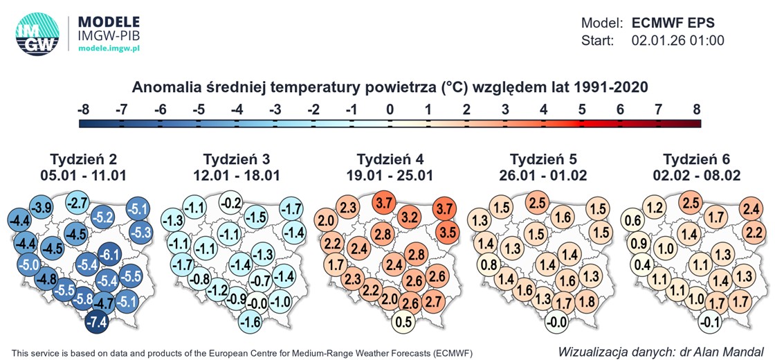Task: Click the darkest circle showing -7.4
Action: click(x=96, y=322)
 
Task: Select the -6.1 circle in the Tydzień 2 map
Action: click(x=109, y=255)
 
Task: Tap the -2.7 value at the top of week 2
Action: click(x=77, y=204)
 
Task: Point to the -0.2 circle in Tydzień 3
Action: click(x=230, y=204)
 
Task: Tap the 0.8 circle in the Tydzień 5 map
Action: click(x=489, y=264)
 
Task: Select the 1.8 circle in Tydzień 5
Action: click(x=586, y=302)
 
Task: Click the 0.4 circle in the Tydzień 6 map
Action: click(x=641, y=264)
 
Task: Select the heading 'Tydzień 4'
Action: click(x=388, y=158)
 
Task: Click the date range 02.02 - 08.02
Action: click(x=695, y=176)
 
